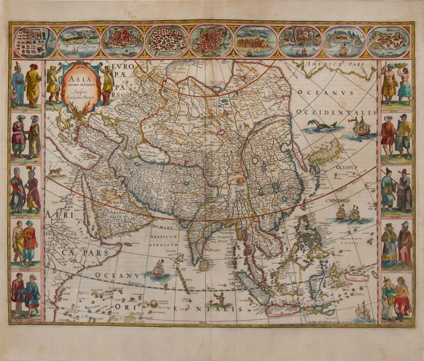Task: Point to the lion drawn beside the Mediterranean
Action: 55,172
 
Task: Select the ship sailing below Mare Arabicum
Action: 158,269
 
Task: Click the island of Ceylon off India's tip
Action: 204,265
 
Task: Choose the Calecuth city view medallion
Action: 79,42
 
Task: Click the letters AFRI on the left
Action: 55,216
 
